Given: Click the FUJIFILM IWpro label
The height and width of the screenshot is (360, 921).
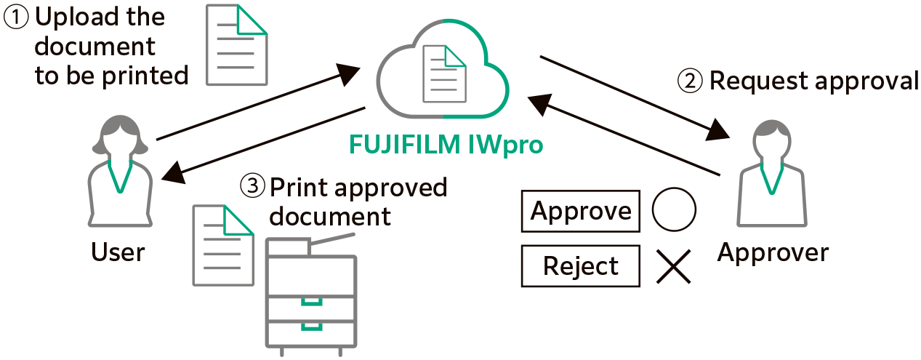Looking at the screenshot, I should click(446, 145).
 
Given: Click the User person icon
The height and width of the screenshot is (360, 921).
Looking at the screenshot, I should click(120, 175).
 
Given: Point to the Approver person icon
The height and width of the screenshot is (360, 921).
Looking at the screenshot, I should click(771, 175).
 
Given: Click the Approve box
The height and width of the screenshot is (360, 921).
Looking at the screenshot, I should click(581, 212).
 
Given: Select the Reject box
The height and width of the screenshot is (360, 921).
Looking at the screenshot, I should click(581, 266).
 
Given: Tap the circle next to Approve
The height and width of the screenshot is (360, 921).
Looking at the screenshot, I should click(674, 210).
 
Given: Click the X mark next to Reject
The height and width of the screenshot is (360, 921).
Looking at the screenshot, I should click(674, 266).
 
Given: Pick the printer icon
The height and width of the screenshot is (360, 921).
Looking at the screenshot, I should click(311, 295).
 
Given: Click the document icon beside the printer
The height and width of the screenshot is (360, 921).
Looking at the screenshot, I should click(223, 245).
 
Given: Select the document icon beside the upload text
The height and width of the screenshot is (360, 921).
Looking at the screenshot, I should click(237, 45).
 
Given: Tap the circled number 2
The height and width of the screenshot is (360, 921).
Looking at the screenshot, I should click(690, 81).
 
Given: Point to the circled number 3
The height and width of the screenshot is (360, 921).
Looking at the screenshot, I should click(253, 188).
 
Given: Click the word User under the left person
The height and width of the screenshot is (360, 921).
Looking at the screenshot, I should click(118, 252).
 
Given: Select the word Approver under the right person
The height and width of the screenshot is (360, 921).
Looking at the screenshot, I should click(773, 252).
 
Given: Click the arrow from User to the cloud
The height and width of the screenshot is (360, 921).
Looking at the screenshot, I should click(258, 103).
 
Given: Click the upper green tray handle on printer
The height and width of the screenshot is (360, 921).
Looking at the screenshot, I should click(312, 300).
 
